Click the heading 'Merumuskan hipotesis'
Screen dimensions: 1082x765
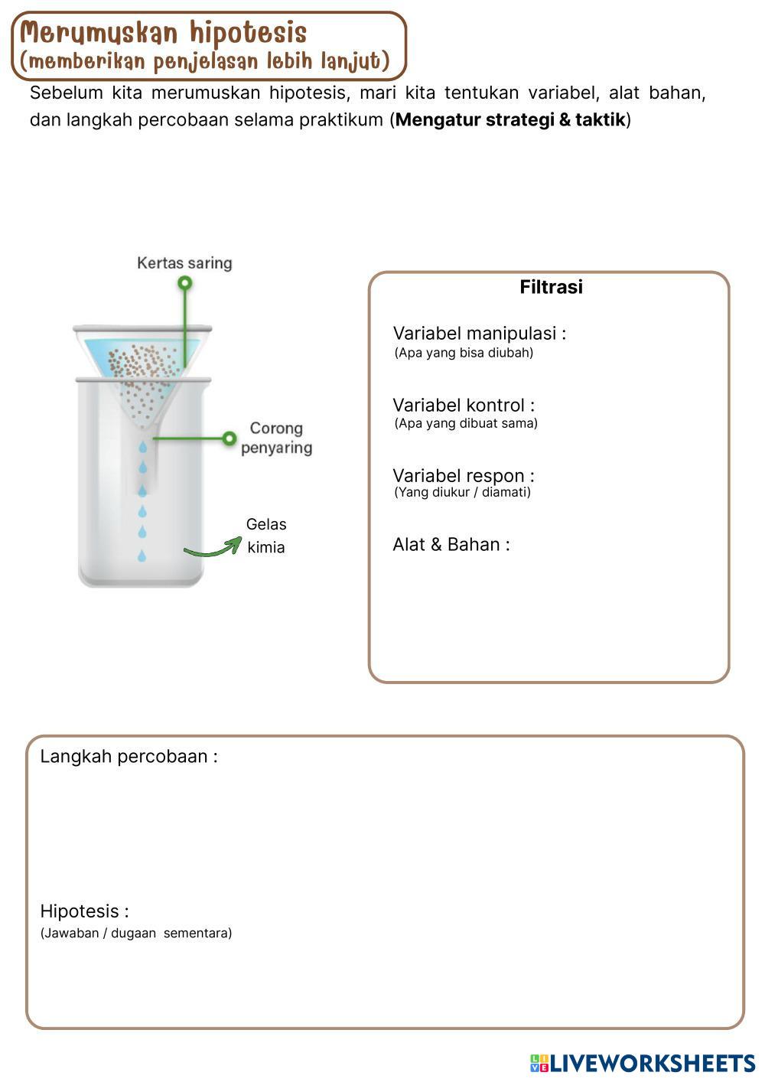tap(163, 33)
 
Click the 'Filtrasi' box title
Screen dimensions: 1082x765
tap(551, 287)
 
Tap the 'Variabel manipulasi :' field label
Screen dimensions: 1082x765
tap(479, 333)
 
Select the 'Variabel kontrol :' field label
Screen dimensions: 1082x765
tap(464, 405)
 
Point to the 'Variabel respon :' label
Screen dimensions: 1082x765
tap(464, 475)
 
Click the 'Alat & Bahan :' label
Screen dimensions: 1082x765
tap(451, 544)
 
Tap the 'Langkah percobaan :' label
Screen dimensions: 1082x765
tap(129, 756)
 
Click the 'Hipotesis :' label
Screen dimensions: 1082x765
tap(84, 911)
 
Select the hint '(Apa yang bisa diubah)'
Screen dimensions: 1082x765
tap(464, 353)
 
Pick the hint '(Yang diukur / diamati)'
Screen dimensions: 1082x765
tap(462, 492)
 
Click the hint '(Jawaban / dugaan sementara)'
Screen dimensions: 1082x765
tap(135, 933)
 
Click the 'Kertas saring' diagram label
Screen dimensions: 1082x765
tap(184, 263)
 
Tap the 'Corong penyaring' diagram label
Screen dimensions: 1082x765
tap(276, 438)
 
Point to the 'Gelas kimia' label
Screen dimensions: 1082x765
tap(265, 536)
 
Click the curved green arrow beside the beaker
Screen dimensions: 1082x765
tap(212, 546)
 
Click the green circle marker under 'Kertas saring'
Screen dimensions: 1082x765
tap(184, 283)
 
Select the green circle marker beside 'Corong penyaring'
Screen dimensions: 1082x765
tap(229, 438)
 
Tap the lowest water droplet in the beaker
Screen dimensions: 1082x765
tap(142, 556)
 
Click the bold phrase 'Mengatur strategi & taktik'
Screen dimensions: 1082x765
tap(510, 120)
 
